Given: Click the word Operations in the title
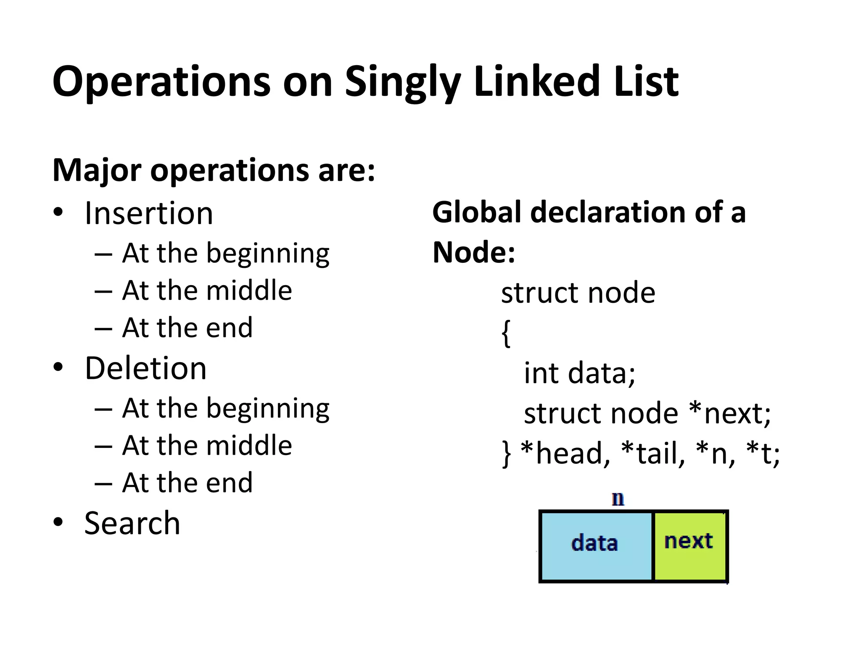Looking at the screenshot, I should tap(161, 82).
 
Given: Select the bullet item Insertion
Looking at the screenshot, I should tap(149, 214).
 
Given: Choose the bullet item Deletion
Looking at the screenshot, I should tap(145, 368).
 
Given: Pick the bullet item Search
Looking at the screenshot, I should tap(132, 523).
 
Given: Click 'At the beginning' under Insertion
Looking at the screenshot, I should tap(226, 254).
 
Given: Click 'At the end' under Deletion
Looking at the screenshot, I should tap(188, 482).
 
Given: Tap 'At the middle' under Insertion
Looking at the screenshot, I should tap(207, 291).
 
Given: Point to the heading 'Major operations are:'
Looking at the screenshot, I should tap(214, 170).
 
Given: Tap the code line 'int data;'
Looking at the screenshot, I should tap(579, 373).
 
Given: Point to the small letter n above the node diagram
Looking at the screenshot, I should tap(618, 499).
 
